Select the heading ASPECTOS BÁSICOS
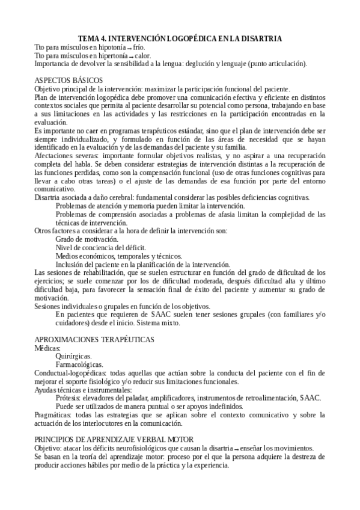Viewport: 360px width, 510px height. (69, 80)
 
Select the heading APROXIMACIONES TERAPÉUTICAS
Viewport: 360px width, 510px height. (94, 340)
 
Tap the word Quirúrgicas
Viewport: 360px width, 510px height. (75, 356)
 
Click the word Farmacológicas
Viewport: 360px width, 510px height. (79, 364)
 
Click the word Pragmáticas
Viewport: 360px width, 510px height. (54, 416)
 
